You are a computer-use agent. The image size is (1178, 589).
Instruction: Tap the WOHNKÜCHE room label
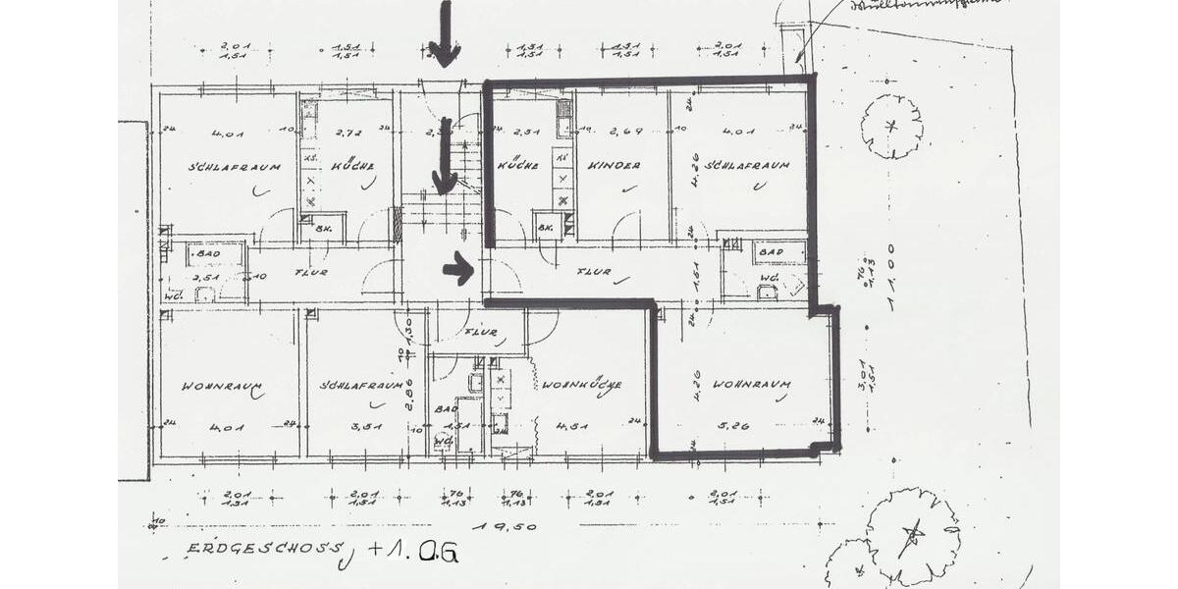(580, 385)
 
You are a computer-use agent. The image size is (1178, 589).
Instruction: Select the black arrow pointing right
(457, 268)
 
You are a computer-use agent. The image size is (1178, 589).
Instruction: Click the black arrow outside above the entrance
(445, 34)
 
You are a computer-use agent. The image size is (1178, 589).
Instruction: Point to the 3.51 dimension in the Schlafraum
(365, 426)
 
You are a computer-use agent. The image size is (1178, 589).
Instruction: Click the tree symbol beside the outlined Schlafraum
(891, 126)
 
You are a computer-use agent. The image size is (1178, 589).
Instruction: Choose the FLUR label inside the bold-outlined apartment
(595, 272)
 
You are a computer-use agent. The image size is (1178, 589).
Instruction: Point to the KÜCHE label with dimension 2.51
(517, 166)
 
